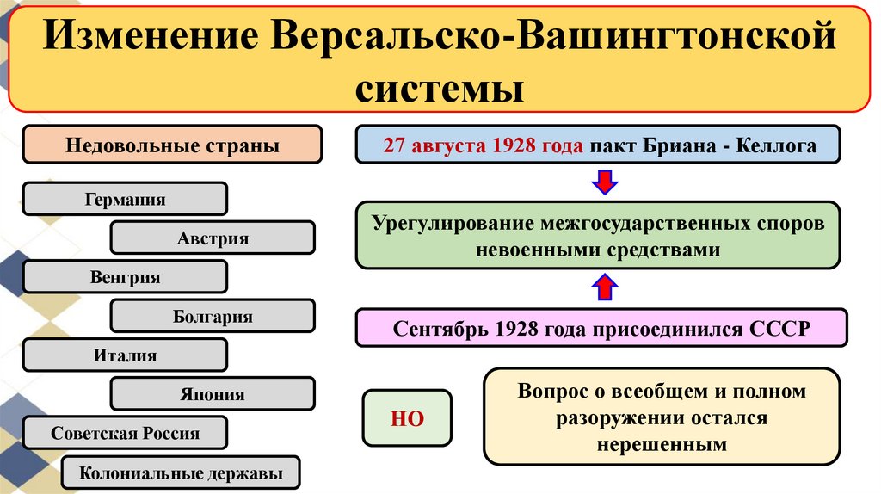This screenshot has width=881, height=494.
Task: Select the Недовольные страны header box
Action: point(172,145)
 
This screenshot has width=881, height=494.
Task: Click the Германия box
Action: point(125,199)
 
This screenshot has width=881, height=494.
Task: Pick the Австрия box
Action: point(213,238)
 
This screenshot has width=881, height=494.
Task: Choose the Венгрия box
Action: point(125,277)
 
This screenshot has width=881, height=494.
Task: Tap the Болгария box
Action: point(213,317)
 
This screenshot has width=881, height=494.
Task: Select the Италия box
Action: point(125,355)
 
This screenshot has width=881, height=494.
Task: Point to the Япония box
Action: point(213,394)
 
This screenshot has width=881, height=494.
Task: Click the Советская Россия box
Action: point(125,433)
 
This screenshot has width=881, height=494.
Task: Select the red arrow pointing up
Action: point(605,287)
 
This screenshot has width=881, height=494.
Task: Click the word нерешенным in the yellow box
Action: point(661,444)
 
